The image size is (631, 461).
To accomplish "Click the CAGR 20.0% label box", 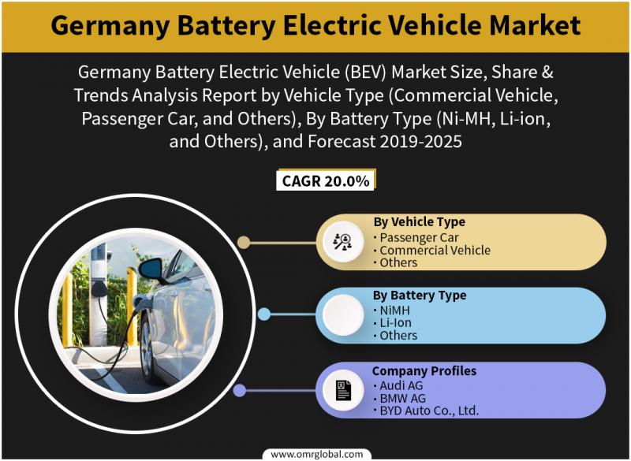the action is pos(325,180).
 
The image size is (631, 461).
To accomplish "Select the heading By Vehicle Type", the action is pos(420,221).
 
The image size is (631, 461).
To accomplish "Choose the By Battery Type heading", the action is pos(420,295).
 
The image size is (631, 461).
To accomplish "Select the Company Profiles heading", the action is pos(424,370).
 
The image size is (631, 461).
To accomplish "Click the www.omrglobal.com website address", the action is pos(317,455).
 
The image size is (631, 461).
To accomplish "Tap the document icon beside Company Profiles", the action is pos(343,390).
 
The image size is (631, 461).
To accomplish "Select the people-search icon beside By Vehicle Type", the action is pos(343,242).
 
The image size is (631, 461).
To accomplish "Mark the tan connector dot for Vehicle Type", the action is pos(244,243).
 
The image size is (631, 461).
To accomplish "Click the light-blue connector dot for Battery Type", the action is pos(264,314).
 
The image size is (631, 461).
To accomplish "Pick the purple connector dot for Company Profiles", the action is pos(240,390).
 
